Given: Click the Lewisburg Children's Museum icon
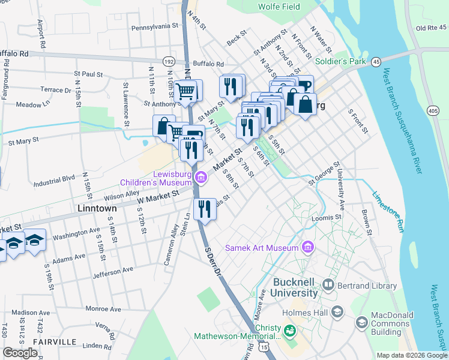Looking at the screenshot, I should (x=202, y=176).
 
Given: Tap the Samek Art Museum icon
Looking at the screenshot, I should (x=307, y=247).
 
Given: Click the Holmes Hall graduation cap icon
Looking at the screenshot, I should (x=337, y=311).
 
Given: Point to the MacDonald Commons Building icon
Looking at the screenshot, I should (x=361, y=323).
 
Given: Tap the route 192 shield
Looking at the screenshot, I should (x=169, y=62).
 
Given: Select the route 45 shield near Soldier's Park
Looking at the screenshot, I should (x=376, y=61).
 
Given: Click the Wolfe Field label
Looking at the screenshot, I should (x=279, y=7).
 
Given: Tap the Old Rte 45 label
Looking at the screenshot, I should (x=432, y=28).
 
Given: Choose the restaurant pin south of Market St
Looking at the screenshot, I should (x=205, y=209).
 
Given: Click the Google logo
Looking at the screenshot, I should (x=20, y=353).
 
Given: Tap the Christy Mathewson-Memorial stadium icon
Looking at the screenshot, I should (x=290, y=331).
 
